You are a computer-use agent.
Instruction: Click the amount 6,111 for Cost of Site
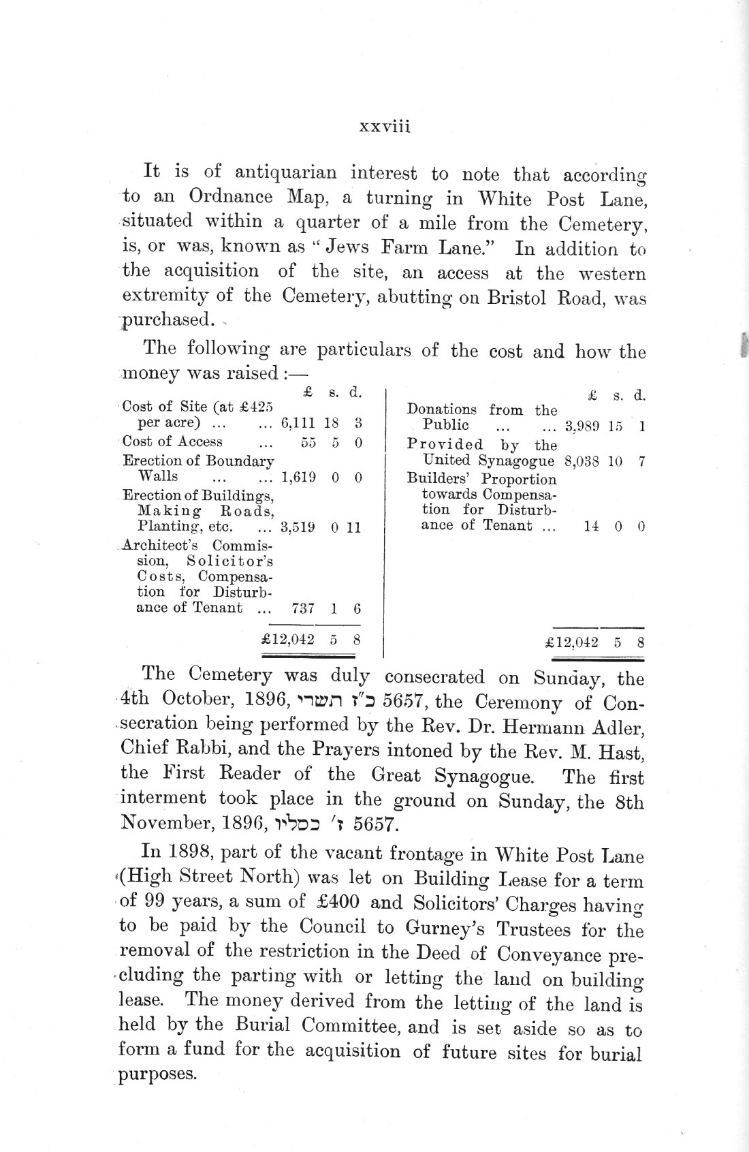[x=299, y=423]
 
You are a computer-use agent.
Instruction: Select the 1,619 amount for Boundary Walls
[x=299, y=477]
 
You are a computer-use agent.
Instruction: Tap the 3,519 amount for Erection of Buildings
[x=298, y=527]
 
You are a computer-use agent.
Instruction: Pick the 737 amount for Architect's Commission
[x=302, y=608]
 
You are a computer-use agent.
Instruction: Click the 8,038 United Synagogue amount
[x=582, y=461]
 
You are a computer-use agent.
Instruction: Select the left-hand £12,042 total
[x=287, y=640]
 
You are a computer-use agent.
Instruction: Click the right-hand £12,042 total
[x=572, y=642]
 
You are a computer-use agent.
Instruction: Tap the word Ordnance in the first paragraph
[x=232, y=197]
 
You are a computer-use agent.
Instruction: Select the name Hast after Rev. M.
[x=622, y=752]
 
